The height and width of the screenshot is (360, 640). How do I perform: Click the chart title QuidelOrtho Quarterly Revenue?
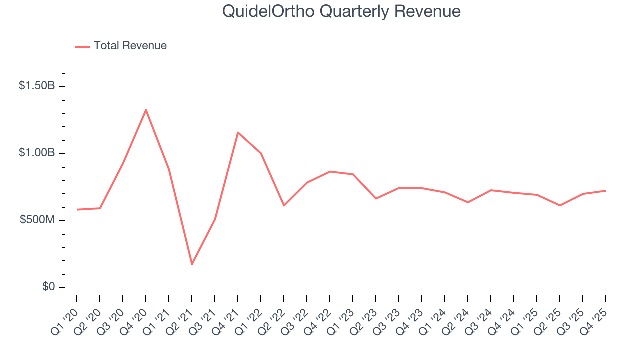point(341,11)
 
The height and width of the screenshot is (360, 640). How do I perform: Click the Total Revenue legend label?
point(130,46)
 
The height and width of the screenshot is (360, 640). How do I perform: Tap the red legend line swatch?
point(82,46)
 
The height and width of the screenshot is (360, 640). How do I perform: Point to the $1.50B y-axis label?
point(37,86)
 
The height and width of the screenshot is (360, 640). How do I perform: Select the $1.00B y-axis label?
point(37,153)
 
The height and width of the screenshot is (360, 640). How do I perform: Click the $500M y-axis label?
point(37,220)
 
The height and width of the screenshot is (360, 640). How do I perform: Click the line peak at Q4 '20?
point(146,110)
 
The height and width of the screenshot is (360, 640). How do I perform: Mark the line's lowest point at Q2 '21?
point(192,264)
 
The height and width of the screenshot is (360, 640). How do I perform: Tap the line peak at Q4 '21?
point(238,132)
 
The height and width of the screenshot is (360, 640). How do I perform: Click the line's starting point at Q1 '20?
point(77,210)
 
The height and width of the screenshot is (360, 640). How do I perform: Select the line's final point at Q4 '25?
point(606,190)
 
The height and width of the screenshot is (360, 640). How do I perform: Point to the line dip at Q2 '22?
point(284,206)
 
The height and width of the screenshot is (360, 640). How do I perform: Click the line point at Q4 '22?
point(330,171)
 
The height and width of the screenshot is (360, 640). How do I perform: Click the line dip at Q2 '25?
point(560,205)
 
